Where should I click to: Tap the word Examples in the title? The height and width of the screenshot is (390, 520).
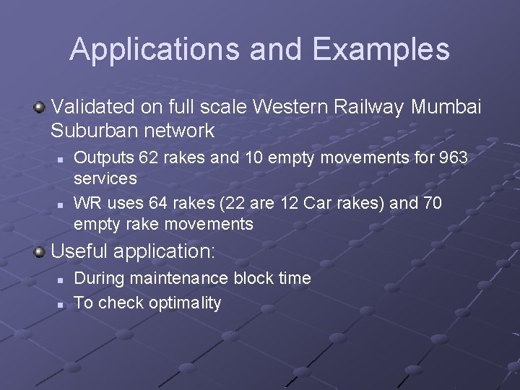[x=381, y=49]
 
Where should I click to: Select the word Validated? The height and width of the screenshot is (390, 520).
[x=94, y=108]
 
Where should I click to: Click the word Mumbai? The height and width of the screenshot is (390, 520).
[x=446, y=108]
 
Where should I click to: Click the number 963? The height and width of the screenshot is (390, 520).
[x=454, y=157]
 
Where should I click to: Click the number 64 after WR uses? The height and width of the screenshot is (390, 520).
[x=162, y=203]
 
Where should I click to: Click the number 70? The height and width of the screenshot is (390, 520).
[x=432, y=203]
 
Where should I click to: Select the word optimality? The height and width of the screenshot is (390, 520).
[x=185, y=303]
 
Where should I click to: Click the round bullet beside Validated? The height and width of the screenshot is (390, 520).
[x=40, y=108]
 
